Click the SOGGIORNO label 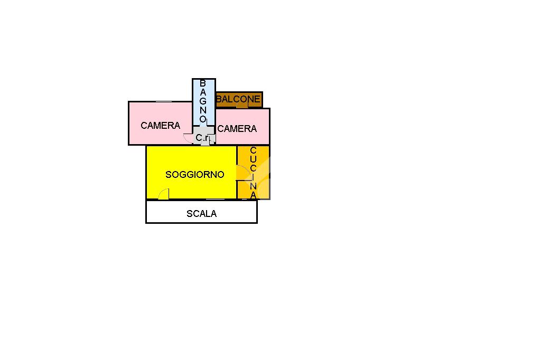[x=194, y=175]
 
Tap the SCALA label [x=201, y=214]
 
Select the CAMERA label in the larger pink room [x=161, y=126]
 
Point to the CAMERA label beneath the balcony [x=237, y=129]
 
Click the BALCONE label [x=238, y=99]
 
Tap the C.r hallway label [x=202, y=138]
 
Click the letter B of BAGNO [x=203, y=83]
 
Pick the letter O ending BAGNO [x=203, y=119]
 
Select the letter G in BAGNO [x=203, y=101]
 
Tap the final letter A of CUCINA [x=253, y=195]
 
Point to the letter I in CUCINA [x=253, y=177]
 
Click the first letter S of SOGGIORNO [x=169, y=175]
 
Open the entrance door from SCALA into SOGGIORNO [x=164, y=194]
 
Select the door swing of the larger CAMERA [x=188, y=138]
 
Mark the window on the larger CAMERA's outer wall [x=164, y=101]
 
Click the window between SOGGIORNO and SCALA [x=216, y=200]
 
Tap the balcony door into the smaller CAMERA [x=242, y=107]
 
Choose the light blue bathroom [x=204, y=102]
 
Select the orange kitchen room [x=254, y=173]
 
